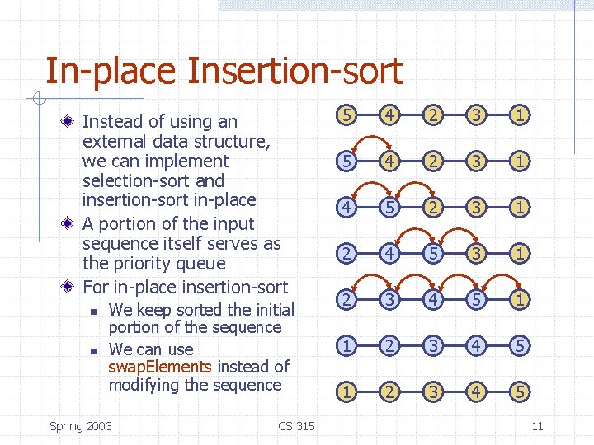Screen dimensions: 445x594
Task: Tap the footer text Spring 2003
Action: coord(81,425)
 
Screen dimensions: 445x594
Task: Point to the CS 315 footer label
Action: coord(296,425)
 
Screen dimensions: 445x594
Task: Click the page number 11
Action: coord(537,425)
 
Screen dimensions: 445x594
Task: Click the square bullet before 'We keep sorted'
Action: coord(95,311)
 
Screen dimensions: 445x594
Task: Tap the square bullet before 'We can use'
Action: coord(95,350)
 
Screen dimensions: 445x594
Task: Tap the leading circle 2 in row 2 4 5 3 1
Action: coord(348,254)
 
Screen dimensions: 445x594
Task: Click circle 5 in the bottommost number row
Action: coord(518,392)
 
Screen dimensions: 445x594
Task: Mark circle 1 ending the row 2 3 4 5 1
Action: coord(518,300)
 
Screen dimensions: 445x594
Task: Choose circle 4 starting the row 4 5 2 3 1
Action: coord(348,208)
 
